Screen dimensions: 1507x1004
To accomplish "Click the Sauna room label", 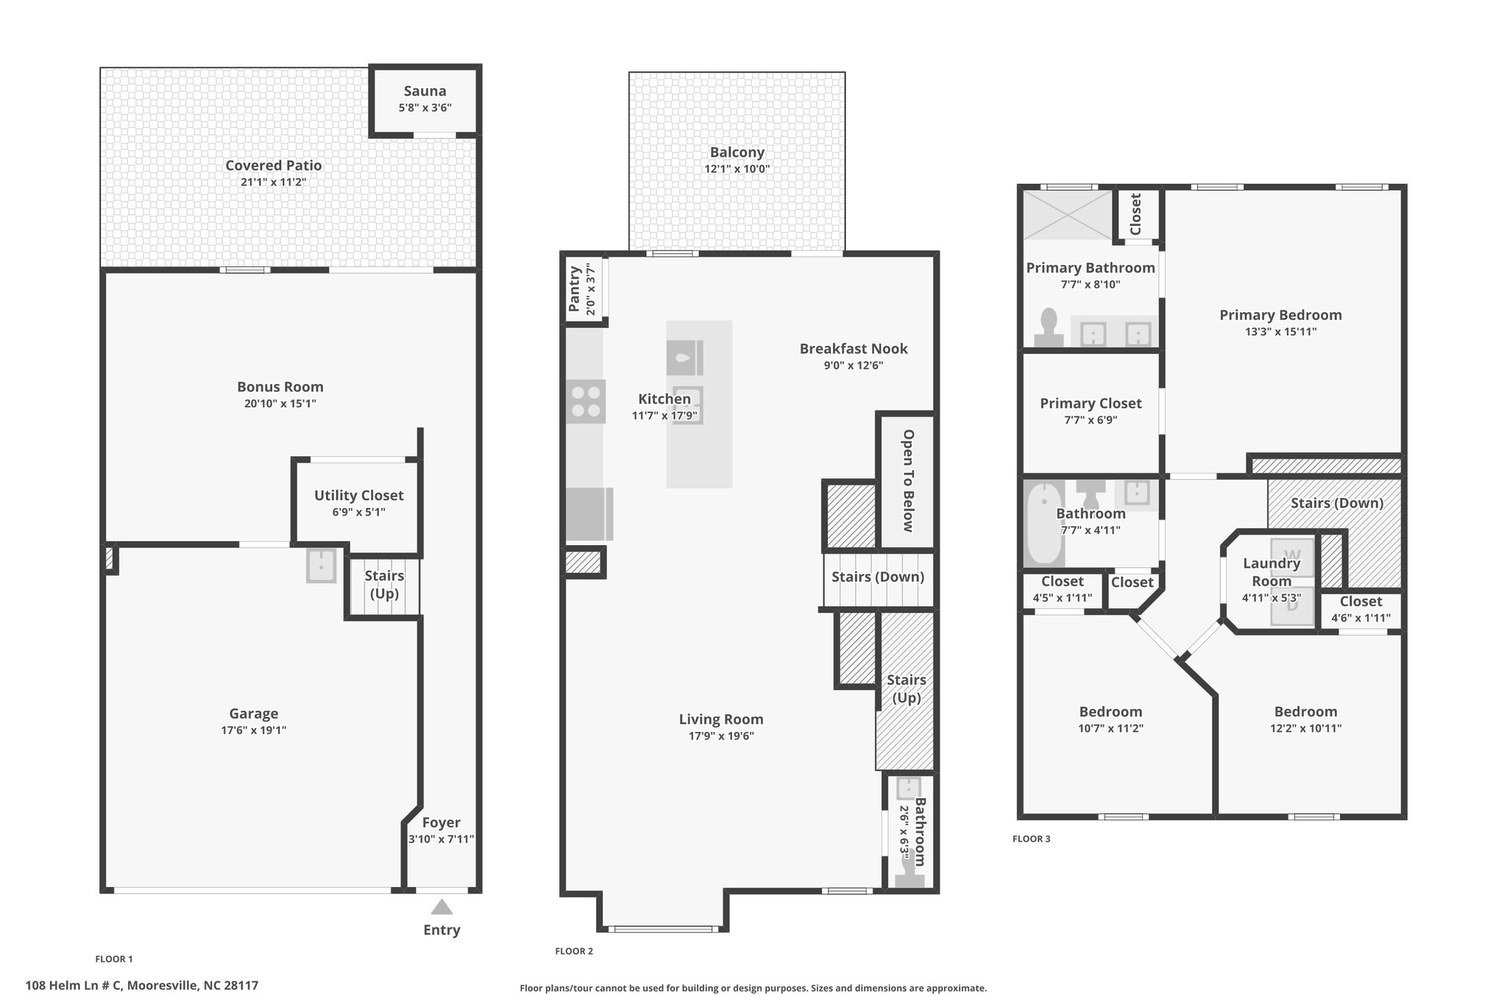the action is coord(425,91).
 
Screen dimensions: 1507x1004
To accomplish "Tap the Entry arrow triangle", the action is coord(442,907).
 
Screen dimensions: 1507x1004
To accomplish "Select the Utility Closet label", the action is coord(359,496).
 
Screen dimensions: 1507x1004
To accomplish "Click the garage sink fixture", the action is coord(322,566).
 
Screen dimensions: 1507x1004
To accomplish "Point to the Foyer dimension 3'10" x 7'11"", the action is coord(442,839).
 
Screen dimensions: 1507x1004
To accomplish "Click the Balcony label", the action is coord(737,152).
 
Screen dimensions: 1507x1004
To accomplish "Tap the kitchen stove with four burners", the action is coord(586,401).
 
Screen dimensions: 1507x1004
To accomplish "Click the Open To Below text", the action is coord(908,481).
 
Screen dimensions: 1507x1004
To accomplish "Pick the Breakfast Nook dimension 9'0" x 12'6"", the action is coord(854,366).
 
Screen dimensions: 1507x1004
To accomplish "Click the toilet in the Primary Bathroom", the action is coord(1049,328).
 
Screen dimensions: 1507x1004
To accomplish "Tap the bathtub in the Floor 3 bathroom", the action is coord(1044,523).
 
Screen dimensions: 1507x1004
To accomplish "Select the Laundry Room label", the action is coord(1272,572).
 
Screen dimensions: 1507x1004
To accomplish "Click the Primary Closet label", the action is coord(1091,403).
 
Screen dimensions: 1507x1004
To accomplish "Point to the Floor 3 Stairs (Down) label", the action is coord(1337,503).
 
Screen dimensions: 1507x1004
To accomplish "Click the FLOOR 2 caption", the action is coord(574,951).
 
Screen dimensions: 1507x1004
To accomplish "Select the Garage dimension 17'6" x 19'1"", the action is coord(254,730).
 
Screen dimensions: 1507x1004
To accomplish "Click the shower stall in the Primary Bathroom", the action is coord(1068,215).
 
